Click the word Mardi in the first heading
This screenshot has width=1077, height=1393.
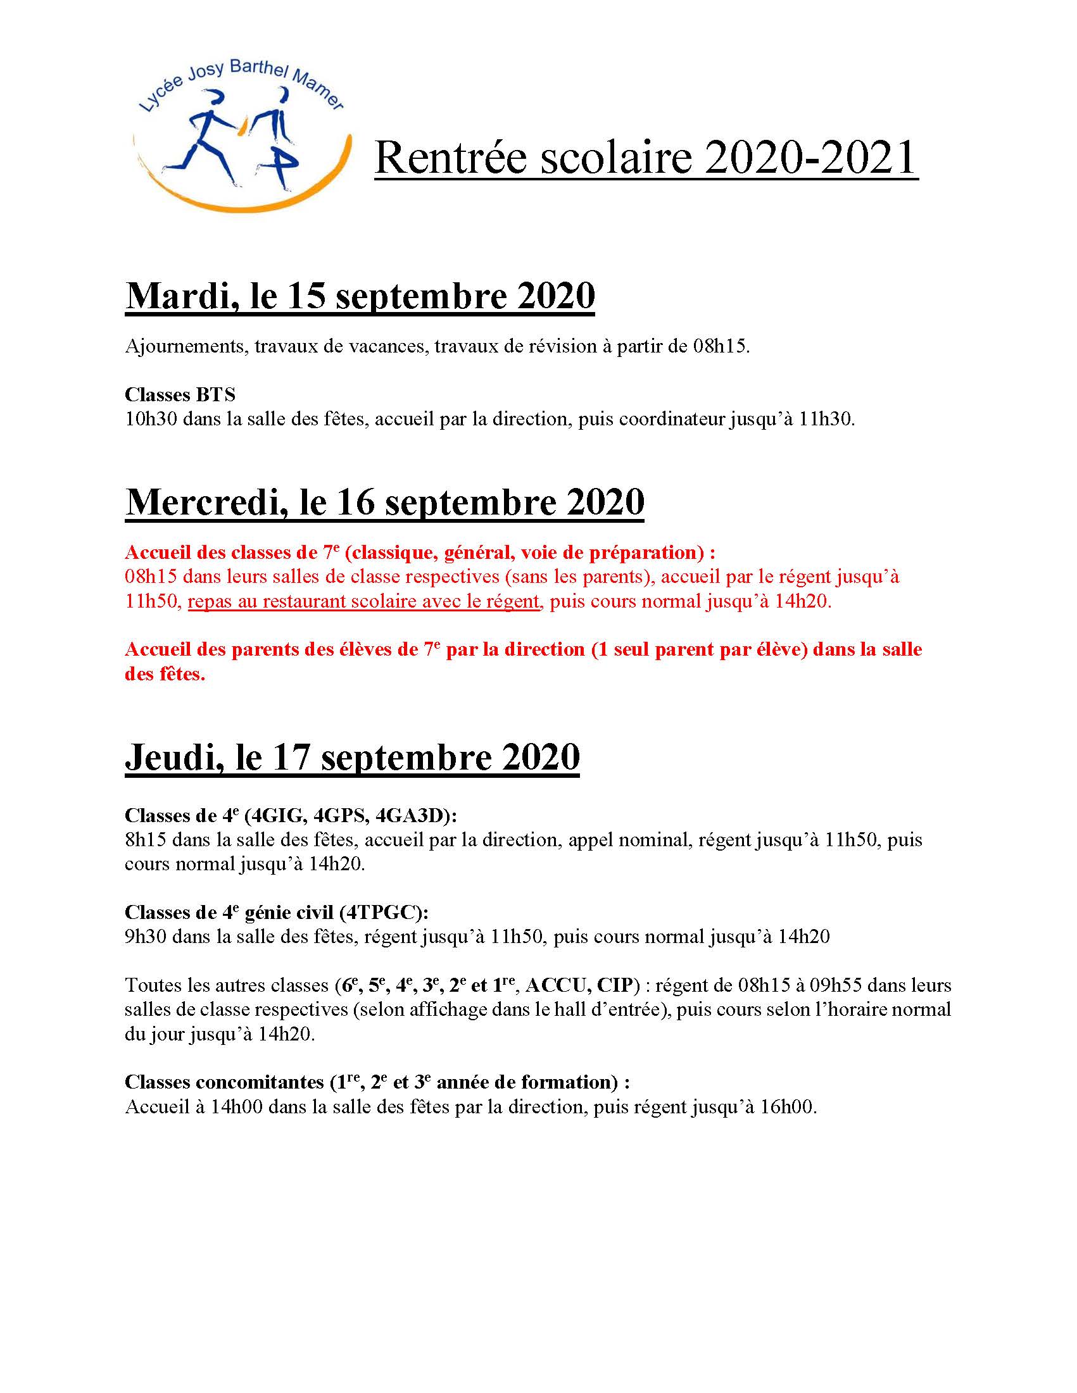point(179,297)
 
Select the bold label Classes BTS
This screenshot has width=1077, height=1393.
point(180,395)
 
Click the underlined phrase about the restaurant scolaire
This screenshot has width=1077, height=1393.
point(363,601)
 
